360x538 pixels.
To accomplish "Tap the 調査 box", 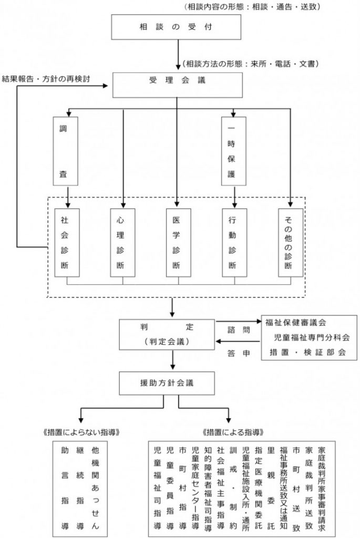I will point(66,151).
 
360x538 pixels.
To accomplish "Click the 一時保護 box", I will point(233,151).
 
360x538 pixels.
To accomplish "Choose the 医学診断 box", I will point(177,242).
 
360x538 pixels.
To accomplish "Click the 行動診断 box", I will point(233,242).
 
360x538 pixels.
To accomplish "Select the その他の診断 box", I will point(291,242).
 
